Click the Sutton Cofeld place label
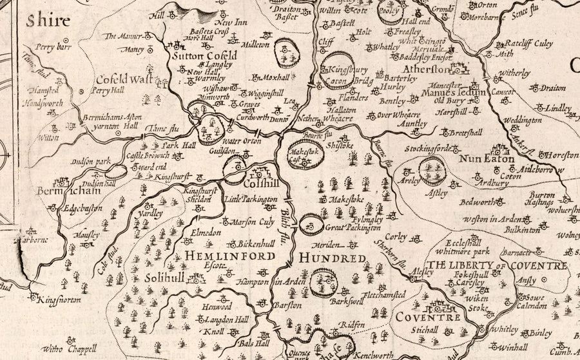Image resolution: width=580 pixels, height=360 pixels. (x=204, y=57)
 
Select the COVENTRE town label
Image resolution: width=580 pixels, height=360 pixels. (x=419, y=317)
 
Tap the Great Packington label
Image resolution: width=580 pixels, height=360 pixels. (x=352, y=227)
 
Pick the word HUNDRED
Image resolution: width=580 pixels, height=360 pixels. (x=333, y=258)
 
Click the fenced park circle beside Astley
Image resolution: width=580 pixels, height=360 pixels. (x=431, y=170)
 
